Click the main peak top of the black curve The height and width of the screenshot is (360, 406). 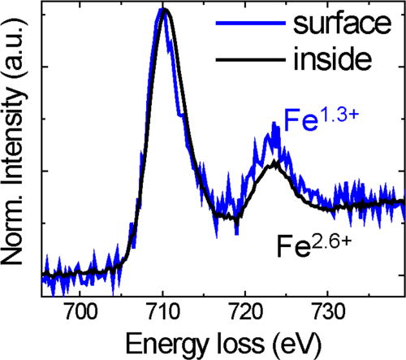pos(165,11)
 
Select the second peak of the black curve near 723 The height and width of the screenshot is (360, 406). pos(275,163)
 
